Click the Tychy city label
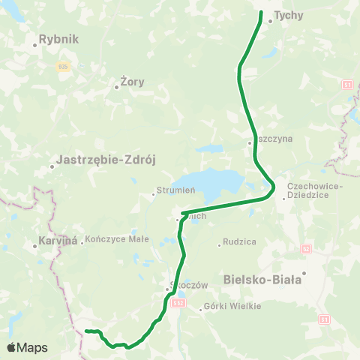click(288, 14)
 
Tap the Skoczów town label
click(183, 285)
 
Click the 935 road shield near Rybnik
click(62, 66)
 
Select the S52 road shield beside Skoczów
click(178, 303)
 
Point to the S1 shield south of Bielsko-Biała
click(325, 319)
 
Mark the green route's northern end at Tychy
click(261, 13)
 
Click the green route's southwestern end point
click(86, 331)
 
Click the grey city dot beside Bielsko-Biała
click(304, 273)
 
